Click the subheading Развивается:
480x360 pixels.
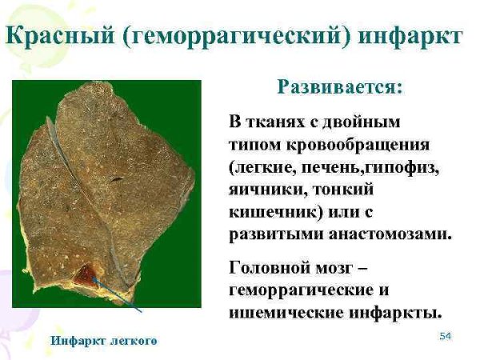(339, 87)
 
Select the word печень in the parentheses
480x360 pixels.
(330, 169)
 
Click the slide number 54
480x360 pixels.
(446, 335)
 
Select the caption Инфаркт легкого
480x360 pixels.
(104, 341)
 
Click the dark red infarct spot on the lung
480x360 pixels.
(83, 278)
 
